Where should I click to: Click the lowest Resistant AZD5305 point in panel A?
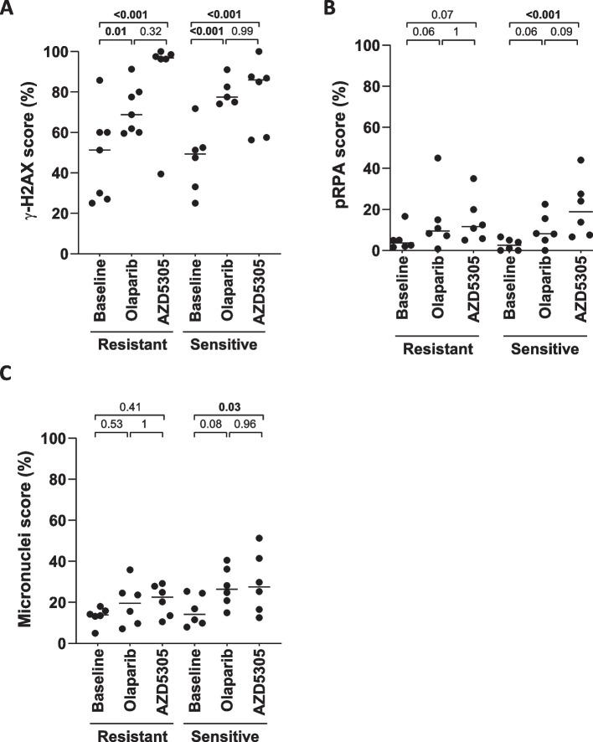click(161, 173)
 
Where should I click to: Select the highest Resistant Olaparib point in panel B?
click(438, 158)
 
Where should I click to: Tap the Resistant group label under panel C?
click(130, 734)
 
